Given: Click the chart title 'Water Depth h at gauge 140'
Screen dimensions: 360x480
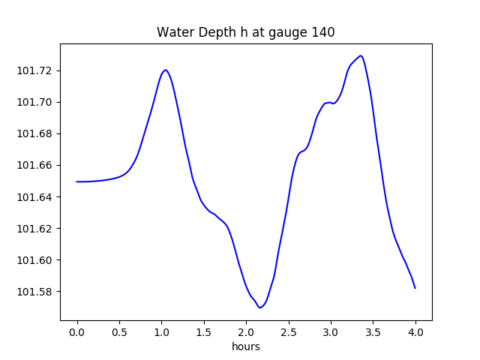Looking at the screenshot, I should (x=245, y=32).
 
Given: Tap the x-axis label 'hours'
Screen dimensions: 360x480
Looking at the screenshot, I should (x=246, y=346).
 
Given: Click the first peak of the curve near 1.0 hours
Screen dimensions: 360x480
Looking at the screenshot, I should (x=165, y=70).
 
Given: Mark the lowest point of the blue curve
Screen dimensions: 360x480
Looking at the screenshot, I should (x=259, y=307).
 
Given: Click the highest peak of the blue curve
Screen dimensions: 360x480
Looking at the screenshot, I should (x=361, y=55).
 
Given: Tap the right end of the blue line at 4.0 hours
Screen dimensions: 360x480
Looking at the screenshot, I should (x=415, y=288).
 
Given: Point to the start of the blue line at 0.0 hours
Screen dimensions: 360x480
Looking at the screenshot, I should (x=77, y=181).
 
